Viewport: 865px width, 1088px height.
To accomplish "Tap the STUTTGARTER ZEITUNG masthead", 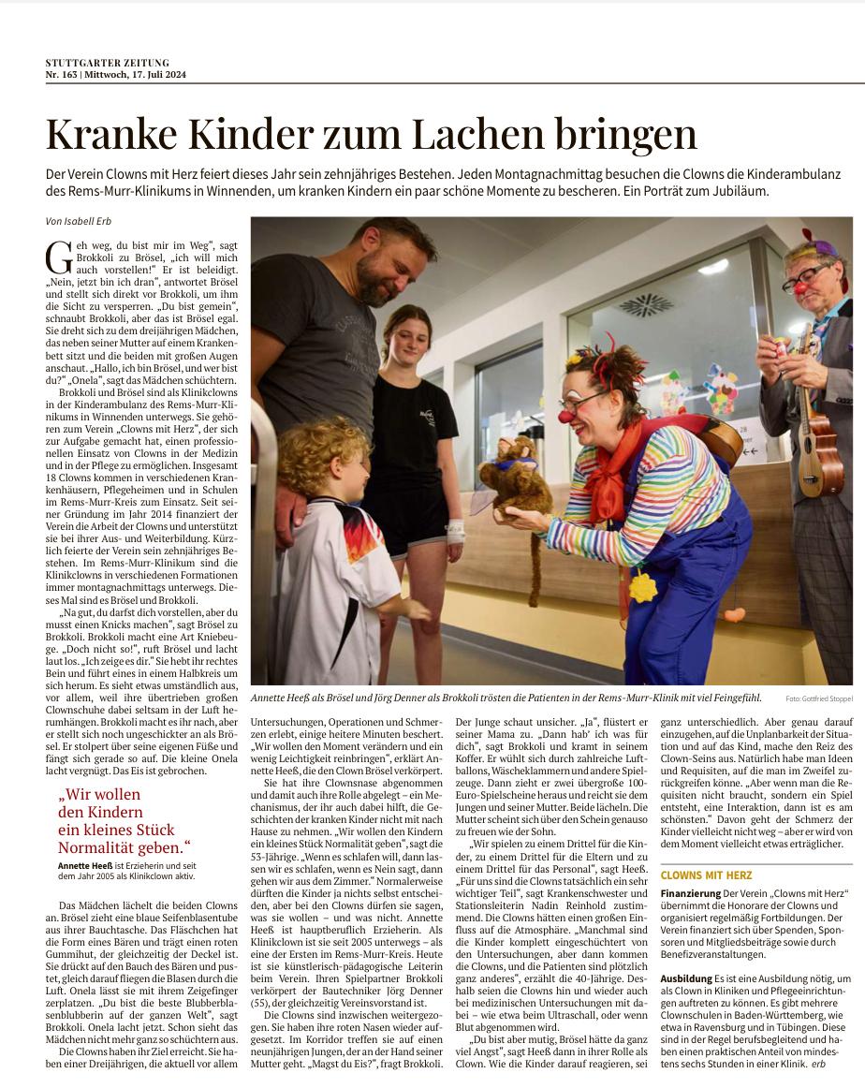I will click(108, 63).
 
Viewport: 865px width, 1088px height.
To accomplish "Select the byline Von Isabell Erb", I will click(80, 221).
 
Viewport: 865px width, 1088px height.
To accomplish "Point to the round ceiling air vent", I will click(645, 305).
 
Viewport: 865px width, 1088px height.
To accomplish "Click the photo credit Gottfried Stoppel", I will click(819, 698).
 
